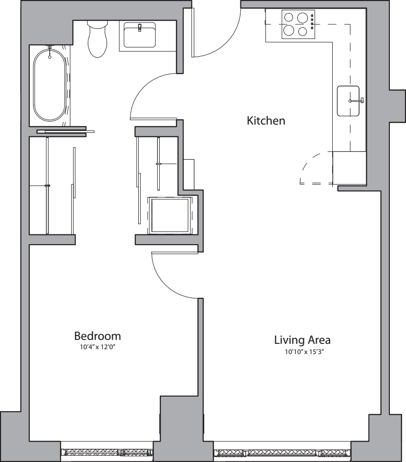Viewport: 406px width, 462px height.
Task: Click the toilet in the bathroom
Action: (97, 39)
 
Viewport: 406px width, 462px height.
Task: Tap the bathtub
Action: (49, 84)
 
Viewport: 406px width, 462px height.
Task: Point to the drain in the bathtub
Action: (49, 57)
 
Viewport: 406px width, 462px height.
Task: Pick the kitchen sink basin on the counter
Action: (348, 101)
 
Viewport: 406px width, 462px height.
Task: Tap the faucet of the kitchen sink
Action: (359, 101)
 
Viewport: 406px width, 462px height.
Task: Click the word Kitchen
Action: (266, 121)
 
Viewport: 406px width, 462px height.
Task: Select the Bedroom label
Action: (97, 336)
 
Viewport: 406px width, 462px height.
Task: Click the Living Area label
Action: (302, 340)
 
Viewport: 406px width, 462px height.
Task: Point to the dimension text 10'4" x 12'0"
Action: (97, 348)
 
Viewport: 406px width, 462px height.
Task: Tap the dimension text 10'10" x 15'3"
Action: (302, 352)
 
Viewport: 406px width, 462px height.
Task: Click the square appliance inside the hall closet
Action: (170, 215)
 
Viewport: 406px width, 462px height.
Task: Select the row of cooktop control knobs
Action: (312, 23)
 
